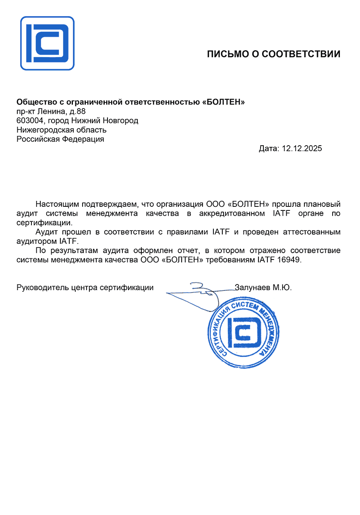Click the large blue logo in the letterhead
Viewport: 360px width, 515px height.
coord(48,43)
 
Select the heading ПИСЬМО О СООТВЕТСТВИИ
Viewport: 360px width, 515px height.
coord(273,54)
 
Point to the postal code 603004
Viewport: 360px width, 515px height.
coord(30,121)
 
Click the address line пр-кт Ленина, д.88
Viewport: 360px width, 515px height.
coord(51,111)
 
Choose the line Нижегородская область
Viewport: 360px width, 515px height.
coord(62,130)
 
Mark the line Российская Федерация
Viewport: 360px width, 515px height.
coord(60,139)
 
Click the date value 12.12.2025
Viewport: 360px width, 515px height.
coord(302,148)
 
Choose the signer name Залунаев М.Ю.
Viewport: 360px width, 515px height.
coord(263,288)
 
